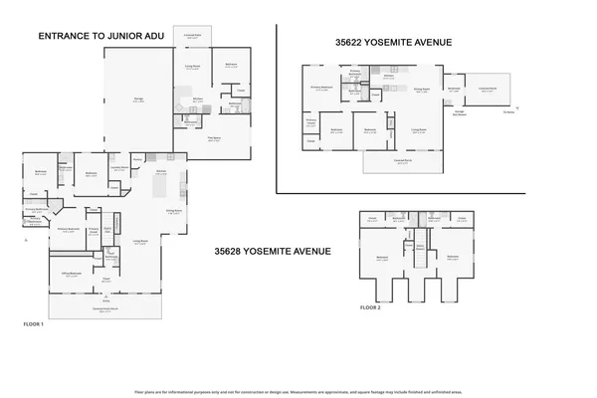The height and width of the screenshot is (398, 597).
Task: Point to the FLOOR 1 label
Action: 34,325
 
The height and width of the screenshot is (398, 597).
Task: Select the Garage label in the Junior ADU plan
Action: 138,99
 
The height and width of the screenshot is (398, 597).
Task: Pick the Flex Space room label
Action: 214,140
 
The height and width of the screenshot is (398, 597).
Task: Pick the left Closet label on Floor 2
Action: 372,218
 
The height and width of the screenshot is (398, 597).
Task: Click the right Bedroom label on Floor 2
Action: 453,257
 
